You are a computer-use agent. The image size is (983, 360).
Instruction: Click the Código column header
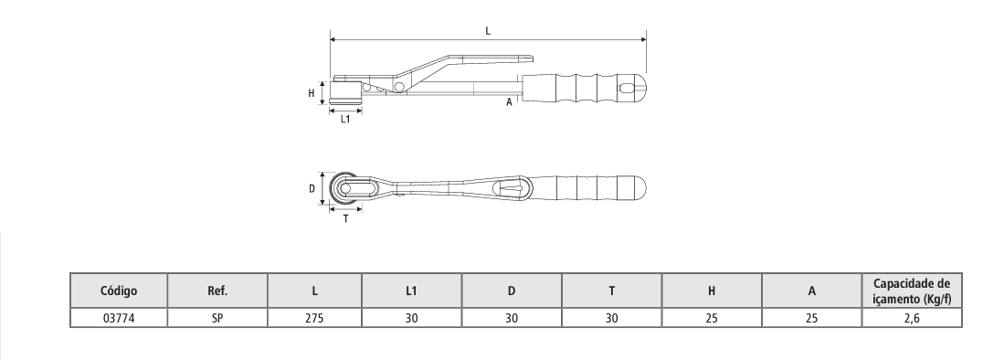[119, 291]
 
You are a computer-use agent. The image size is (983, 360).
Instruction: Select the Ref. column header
[217, 291]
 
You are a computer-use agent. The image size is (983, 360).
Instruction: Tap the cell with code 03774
[119, 318]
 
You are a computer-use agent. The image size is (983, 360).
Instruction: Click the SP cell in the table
[217, 318]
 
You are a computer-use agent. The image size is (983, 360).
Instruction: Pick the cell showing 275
[314, 318]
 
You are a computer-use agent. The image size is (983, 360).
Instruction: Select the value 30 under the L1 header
[411, 318]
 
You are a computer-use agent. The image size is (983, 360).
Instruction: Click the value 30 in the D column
[512, 318]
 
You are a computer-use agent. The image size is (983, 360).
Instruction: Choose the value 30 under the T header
[611, 318]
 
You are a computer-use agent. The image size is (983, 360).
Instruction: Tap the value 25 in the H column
[712, 318]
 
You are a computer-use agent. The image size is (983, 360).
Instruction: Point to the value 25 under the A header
[812, 318]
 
